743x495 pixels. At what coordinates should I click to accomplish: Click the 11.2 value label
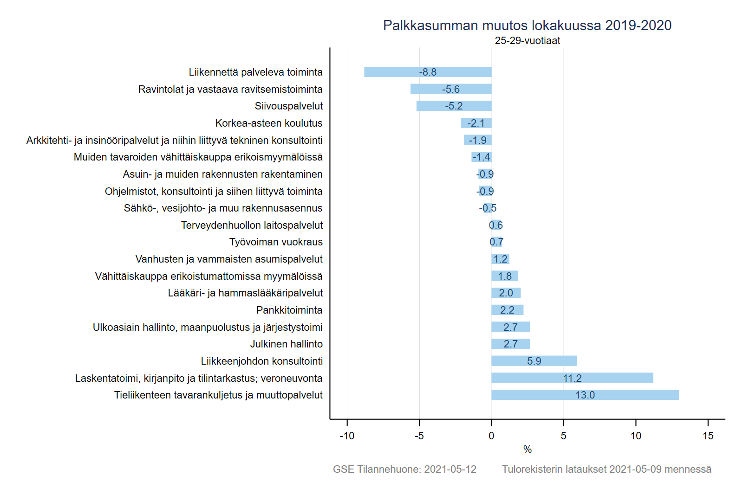pyautogui.click(x=572, y=378)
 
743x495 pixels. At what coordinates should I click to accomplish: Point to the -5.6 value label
pyautogui.click(x=451, y=89)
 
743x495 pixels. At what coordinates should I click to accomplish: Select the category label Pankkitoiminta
pyautogui.click(x=289, y=310)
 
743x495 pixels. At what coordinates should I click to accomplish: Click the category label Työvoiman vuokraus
pyautogui.click(x=276, y=242)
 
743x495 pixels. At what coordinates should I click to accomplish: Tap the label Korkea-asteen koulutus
pyautogui.click(x=269, y=123)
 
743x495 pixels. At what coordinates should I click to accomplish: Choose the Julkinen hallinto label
pyautogui.click(x=287, y=344)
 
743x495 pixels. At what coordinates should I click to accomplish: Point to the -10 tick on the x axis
pyautogui.click(x=347, y=436)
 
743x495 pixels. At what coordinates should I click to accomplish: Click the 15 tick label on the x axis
pyautogui.click(x=708, y=436)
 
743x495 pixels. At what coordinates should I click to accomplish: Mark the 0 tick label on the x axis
pyautogui.click(x=491, y=436)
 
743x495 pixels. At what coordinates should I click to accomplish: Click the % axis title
pyautogui.click(x=527, y=449)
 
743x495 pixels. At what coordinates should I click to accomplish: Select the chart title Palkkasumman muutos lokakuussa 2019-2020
pyautogui.click(x=527, y=25)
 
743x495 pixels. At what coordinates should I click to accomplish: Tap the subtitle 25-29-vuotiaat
pyautogui.click(x=527, y=40)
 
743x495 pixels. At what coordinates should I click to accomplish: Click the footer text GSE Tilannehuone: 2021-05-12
pyautogui.click(x=404, y=469)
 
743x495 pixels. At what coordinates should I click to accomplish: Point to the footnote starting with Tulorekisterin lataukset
pyautogui.click(x=606, y=469)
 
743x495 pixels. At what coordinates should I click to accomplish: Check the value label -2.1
pyautogui.click(x=476, y=123)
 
